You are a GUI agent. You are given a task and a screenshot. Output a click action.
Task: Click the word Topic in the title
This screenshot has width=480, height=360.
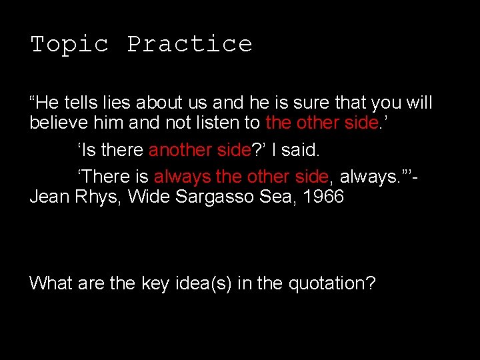tap(69, 45)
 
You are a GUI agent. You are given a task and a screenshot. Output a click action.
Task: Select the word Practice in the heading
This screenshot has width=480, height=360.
tap(190, 45)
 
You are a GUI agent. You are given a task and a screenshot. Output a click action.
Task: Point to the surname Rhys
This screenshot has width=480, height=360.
tap(101, 197)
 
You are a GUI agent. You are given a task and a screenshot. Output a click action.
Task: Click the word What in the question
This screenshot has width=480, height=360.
tap(51, 283)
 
